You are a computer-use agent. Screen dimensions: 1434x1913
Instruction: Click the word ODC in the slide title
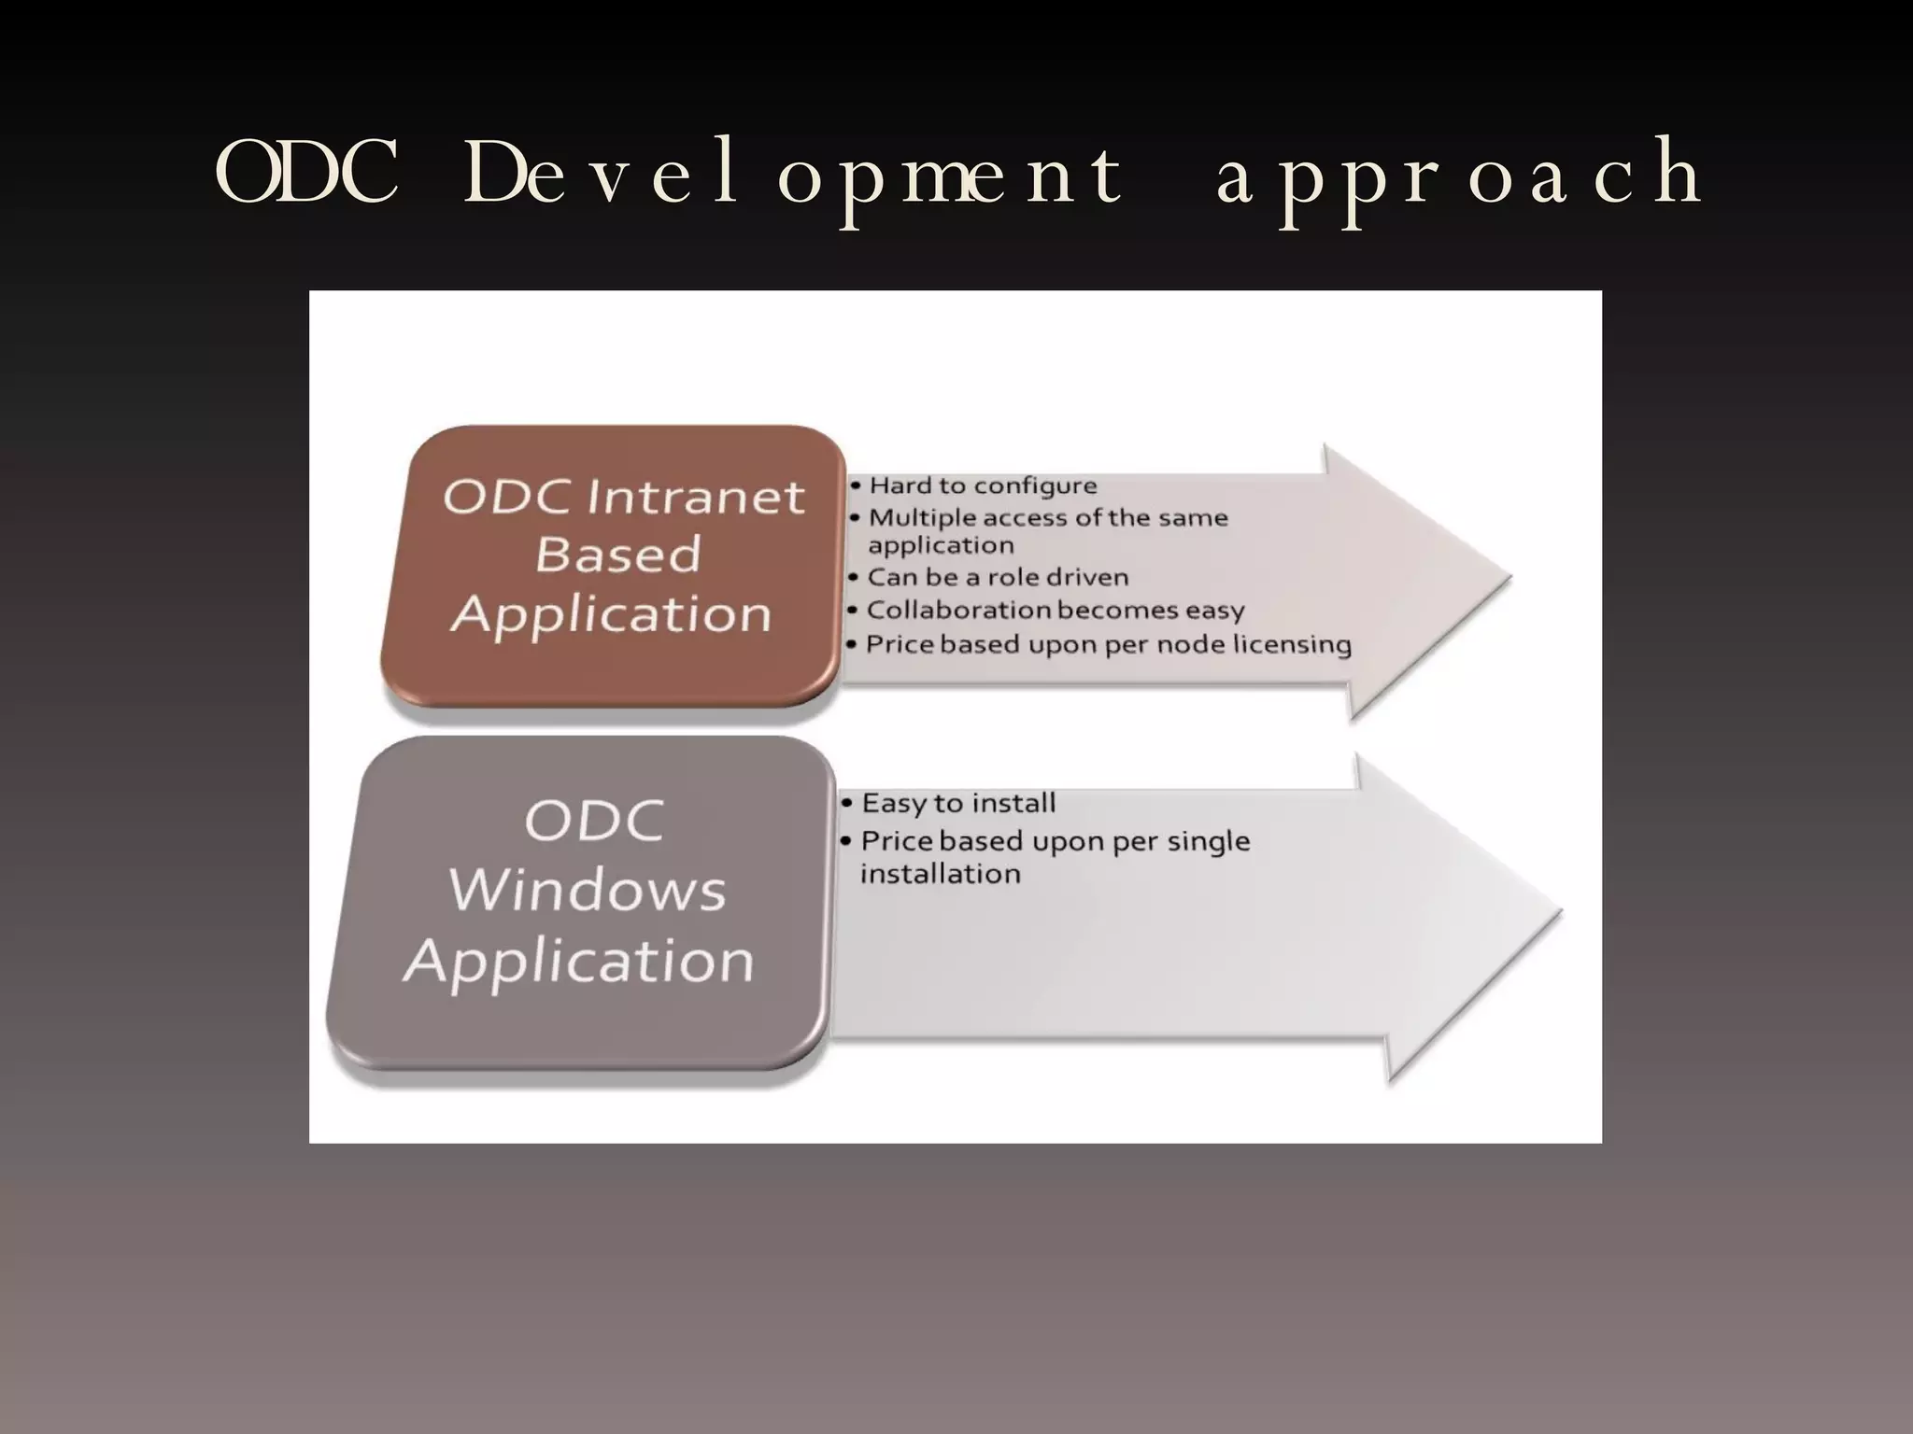pyautogui.click(x=307, y=174)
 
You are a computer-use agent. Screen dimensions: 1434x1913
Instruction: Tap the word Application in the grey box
pyautogui.click(x=579, y=961)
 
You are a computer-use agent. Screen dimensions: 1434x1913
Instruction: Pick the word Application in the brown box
pyautogui.click(x=611, y=614)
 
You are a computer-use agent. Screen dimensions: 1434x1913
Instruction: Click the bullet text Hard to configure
pyautogui.click(x=982, y=485)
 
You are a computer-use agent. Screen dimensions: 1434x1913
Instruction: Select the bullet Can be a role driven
pyautogui.click(x=997, y=577)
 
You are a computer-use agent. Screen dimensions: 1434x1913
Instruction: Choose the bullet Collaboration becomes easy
pyautogui.click(x=1055, y=610)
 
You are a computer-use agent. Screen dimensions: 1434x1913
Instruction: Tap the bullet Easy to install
pyautogui.click(x=957, y=803)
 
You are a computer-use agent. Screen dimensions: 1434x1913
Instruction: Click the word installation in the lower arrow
pyautogui.click(x=940, y=874)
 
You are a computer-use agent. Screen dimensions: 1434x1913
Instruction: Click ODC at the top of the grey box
pyautogui.click(x=594, y=821)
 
